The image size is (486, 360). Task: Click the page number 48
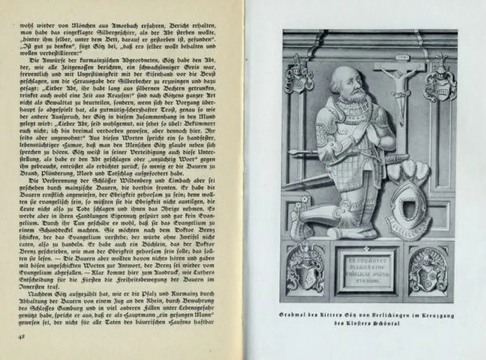(x=21, y=337)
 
